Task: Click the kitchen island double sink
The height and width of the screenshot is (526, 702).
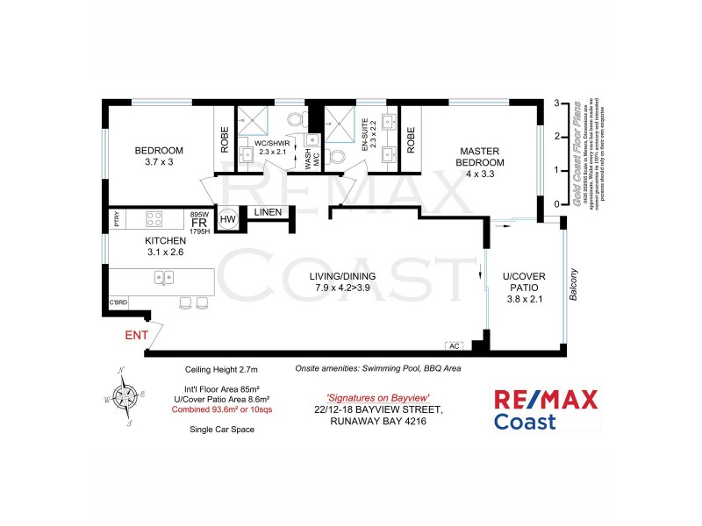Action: [x=164, y=277]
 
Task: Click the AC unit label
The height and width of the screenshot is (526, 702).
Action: [x=454, y=345]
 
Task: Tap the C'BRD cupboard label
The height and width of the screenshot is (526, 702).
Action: [x=118, y=303]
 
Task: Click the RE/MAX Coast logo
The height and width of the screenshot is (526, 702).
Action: [x=547, y=410]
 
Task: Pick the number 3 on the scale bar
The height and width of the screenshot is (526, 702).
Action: [x=555, y=103]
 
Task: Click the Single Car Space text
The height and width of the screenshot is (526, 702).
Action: [x=219, y=430]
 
